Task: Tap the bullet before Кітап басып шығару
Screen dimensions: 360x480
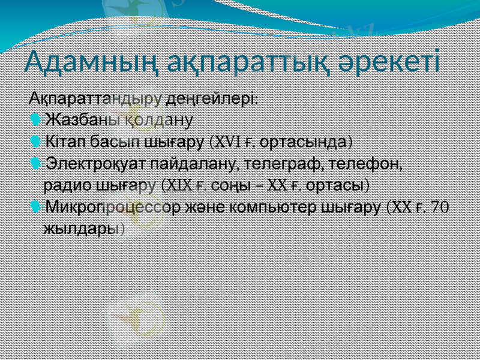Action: click(35, 141)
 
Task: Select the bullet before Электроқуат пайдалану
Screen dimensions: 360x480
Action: click(35, 163)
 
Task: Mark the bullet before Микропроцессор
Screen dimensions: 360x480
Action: click(35, 207)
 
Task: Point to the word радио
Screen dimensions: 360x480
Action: click(65, 185)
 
